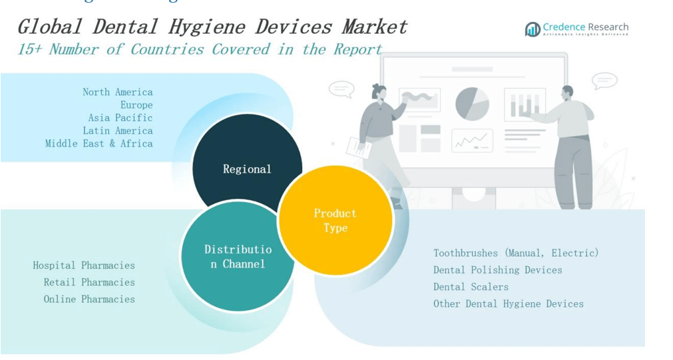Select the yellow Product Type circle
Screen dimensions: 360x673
(335, 220)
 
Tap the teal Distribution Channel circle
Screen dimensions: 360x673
(238, 257)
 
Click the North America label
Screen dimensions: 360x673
(117, 92)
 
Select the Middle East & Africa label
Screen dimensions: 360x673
(99, 144)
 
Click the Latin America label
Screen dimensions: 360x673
(117, 130)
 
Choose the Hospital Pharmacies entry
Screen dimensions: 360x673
(84, 266)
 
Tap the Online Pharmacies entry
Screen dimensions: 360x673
(89, 299)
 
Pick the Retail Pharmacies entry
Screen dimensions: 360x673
(89, 282)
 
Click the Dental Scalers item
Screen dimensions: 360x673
(471, 287)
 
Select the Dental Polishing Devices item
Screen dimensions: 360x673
(497, 270)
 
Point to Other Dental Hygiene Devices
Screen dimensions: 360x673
(508, 304)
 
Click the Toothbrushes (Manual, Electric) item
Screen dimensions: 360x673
(516, 253)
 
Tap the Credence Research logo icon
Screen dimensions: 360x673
(532, 29)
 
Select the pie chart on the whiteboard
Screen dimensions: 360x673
(472, 103)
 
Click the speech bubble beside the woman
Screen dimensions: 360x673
(341, 89)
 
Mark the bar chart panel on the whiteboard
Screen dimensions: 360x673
(525, 104)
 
